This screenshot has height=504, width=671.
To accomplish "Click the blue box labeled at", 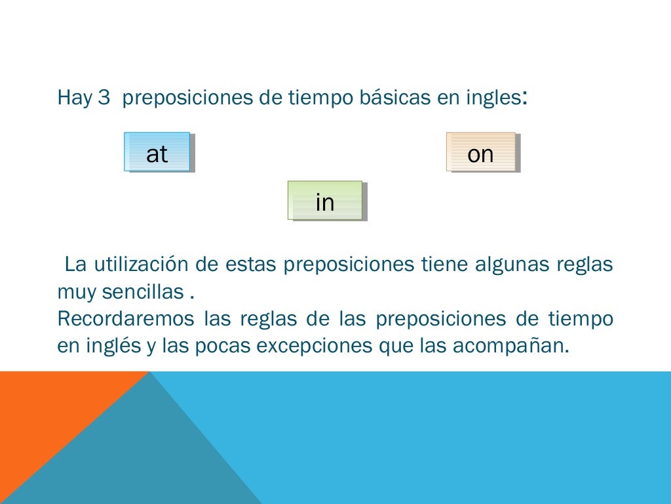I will tap(157, 152).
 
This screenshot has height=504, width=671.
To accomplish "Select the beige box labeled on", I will tap(481, 152).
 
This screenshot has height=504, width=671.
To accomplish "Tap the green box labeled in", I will tap(325, 201).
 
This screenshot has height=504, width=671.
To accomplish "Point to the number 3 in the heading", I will tap(103, 98).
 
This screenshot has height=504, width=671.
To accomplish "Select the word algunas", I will tap(511, 265).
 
